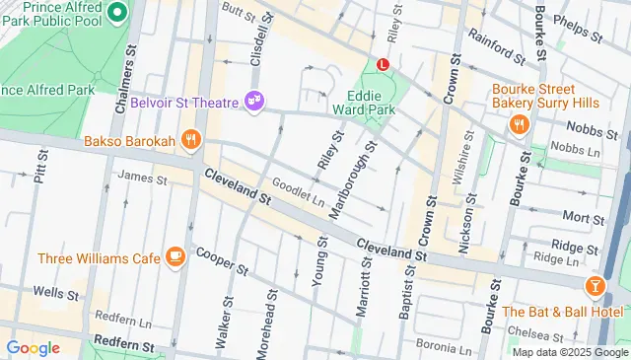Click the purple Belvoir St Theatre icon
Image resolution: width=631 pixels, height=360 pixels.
coord(254,101)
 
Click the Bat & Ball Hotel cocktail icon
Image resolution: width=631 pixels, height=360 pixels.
coord(595,286)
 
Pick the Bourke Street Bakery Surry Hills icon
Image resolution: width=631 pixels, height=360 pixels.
coord(519,123)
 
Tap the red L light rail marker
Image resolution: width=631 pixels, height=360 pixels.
coord(384,64)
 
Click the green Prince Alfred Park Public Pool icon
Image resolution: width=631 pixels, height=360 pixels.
coord(117,13)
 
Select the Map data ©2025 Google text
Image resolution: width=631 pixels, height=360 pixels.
coord(569,352)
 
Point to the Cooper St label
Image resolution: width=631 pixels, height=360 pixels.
coord(220,260)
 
